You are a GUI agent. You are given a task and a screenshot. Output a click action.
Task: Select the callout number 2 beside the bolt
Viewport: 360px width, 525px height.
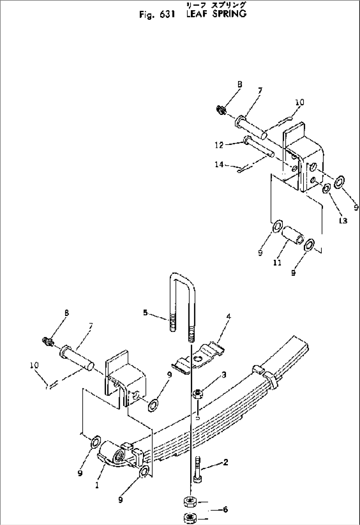(x=226, y=463)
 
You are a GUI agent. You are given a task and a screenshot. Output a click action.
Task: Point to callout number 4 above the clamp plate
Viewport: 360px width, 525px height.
(x=229, y=317)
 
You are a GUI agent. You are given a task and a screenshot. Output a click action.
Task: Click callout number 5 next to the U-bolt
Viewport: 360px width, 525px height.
(x=145, y=312)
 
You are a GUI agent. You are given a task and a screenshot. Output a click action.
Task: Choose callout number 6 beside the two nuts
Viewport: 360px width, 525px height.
(x=226, y=509)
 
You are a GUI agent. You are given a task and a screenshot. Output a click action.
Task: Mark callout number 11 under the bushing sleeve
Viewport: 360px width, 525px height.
(x=277, y=262)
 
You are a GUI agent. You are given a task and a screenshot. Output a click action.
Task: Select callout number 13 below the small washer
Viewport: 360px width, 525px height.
(x=343, y=221)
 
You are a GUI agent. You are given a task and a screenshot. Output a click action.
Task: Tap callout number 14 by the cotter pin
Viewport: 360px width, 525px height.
(x=219, y=164)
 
